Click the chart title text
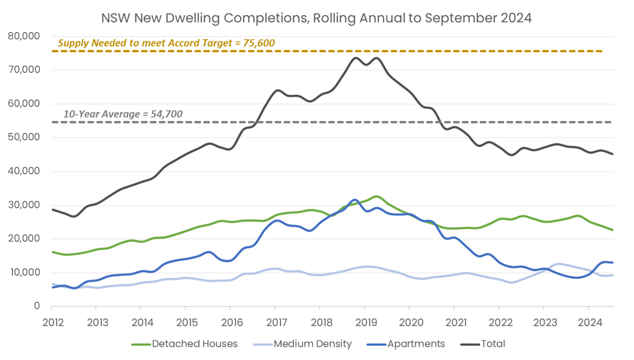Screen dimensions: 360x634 click(317, 18)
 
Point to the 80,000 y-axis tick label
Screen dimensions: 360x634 click(24, 36)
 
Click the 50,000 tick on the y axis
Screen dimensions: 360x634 click(24, 137)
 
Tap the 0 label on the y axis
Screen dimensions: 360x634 click(36, 306)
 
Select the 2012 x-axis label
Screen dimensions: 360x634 click(52, 321)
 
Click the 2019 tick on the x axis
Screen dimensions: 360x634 click(365, 321)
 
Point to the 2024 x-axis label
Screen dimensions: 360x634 click(588, 321)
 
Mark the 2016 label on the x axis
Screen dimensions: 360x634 click(231, 321)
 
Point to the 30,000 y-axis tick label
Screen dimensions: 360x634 click(24, 205)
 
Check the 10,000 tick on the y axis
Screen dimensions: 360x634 click(24, 272)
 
